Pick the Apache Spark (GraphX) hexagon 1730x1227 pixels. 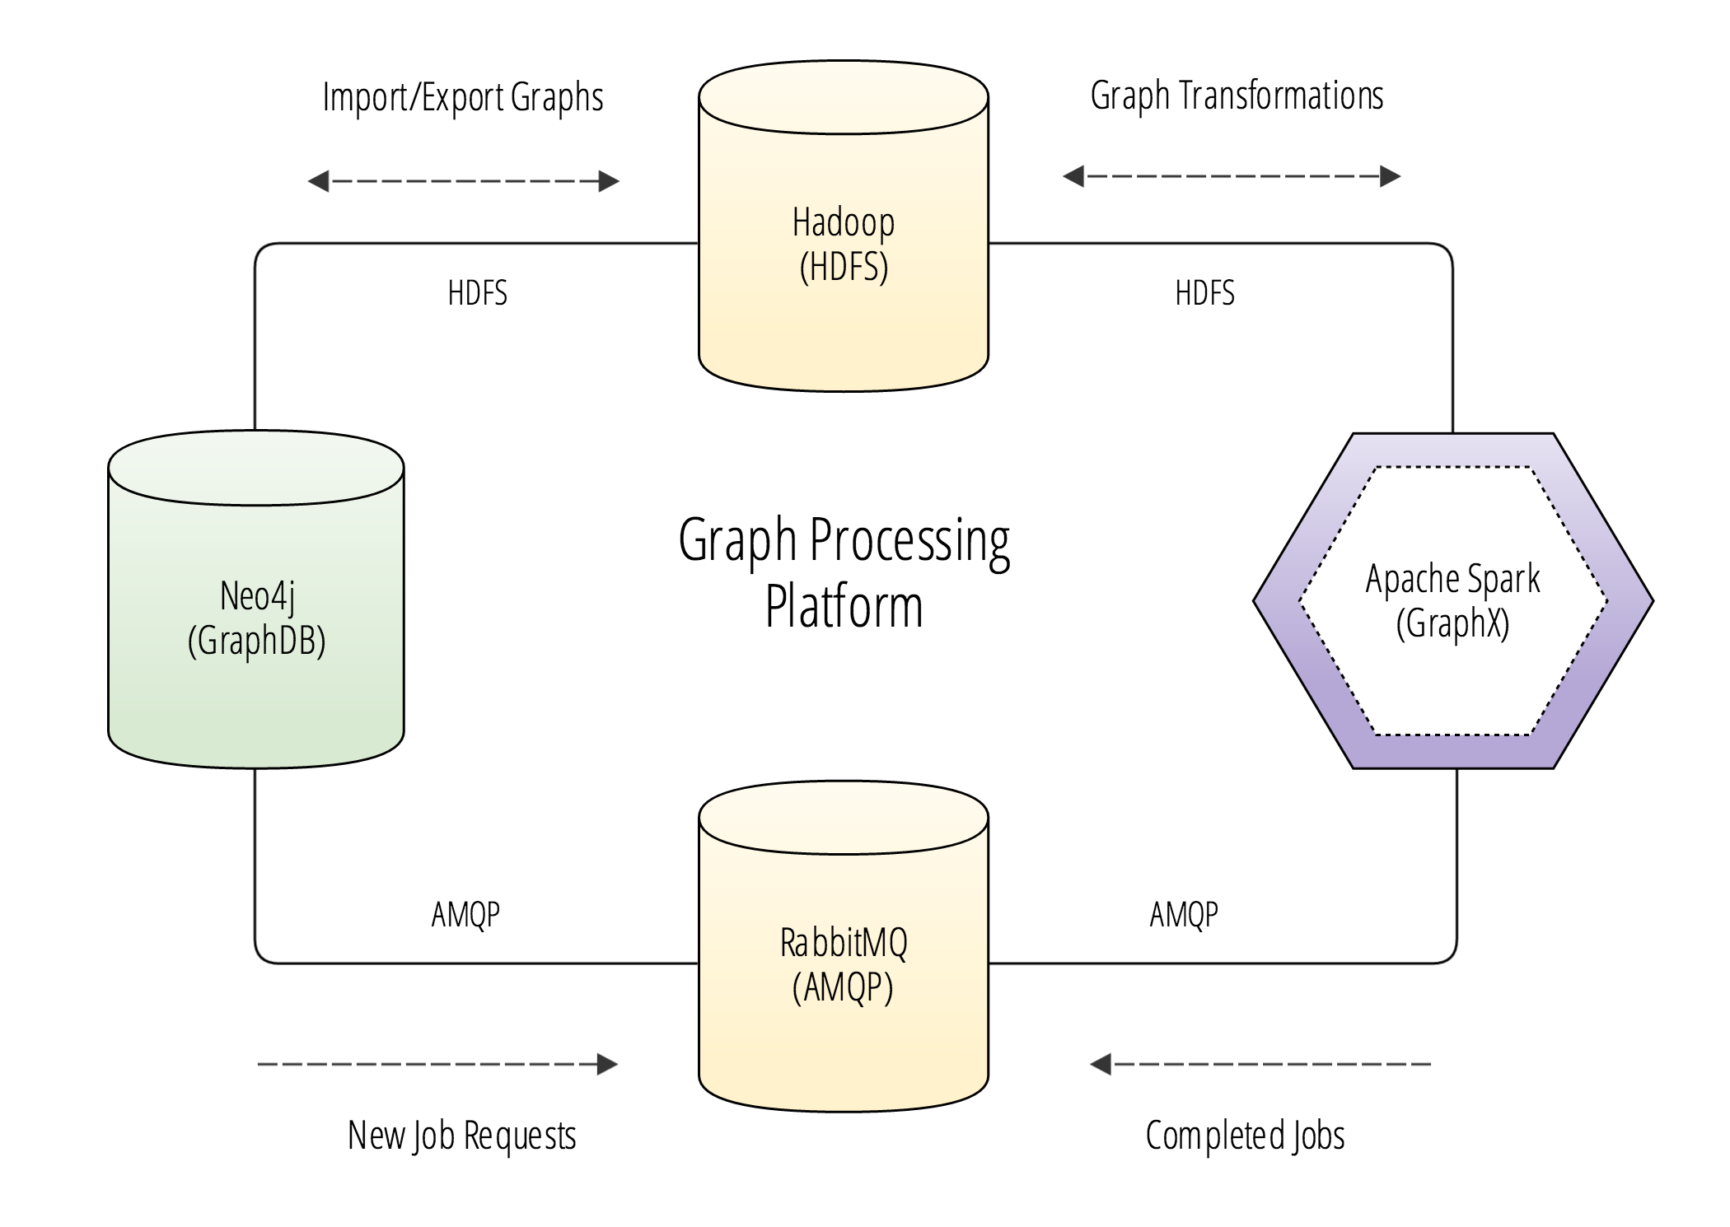pos(1452,600)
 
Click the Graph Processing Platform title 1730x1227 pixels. pos(844,572)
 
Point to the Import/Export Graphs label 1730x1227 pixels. pos(463,97)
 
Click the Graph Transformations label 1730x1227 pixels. pos(1237,96)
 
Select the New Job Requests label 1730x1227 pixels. pos(461,1136)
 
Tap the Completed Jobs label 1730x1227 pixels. pos(1245,1136)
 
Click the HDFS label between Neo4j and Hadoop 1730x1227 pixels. pos(477,293)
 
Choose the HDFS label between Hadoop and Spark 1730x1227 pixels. pos(1204,293)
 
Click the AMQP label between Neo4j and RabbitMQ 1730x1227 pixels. pos(465,914)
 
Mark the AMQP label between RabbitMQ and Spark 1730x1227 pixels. pos(1184,914)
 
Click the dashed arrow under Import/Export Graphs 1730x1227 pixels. pos(463,181)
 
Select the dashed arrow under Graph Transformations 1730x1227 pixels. pos(1232,176)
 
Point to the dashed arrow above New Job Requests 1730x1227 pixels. pos(437,1064)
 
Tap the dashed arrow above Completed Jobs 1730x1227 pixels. pos(1260,1064)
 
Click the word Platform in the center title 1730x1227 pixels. pos(844,608)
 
